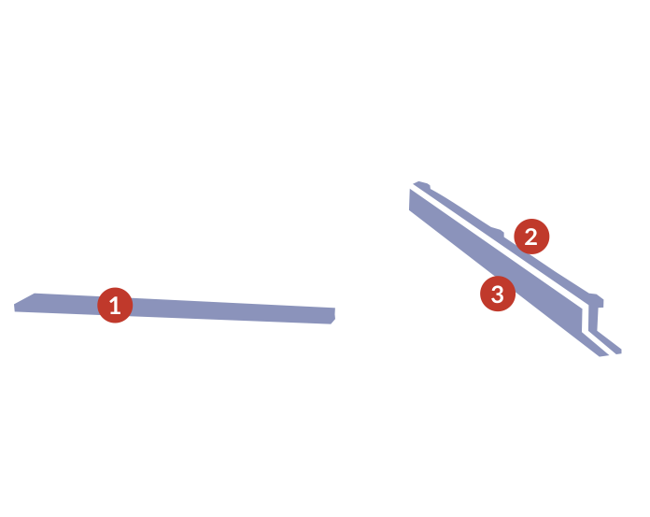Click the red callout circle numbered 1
click(x=115, y=305)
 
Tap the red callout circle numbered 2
click(x=531, y=237)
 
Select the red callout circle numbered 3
click(x=498, y=294)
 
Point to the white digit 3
click(x=498, y=294)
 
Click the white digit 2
click(x=531, y=237)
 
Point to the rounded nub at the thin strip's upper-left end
click(x=421, y=184)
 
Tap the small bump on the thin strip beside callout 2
click(x=498, y=232)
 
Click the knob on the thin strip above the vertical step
click(x=595, y=298)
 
